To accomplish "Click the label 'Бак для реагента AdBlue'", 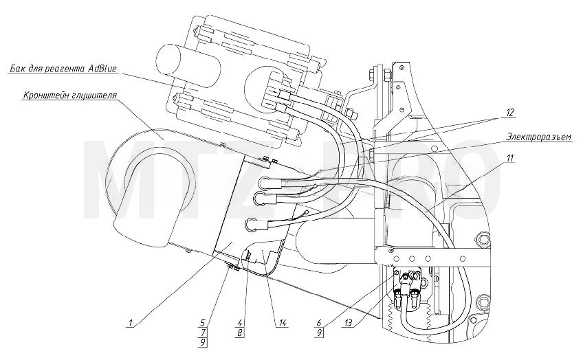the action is click(x=63, y=69).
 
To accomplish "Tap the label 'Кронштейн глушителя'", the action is click(x=70, y=95).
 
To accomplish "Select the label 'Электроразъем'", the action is click(x=538, y=137).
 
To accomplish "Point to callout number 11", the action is click(x=509, y=158).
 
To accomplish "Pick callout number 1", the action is click(x=130, y=323).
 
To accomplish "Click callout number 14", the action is click(x=283, y=323).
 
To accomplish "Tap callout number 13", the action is click(x=349, y=323).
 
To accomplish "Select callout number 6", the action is click(x=320, y=323).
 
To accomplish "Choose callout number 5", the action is click(x=203, y=323).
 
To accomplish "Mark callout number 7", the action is click(x=203, y=333).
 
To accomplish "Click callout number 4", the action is click(x=240, y=323).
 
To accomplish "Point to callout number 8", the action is click(x=240, y=333).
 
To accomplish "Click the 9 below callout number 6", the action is click(x=320, y=333).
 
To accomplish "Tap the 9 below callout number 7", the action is click(x=203, y=342).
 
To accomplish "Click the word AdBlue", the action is click(x=103, y=69).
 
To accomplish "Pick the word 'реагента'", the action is click(x=67, y=69).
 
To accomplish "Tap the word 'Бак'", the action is click(x=17, y=69).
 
